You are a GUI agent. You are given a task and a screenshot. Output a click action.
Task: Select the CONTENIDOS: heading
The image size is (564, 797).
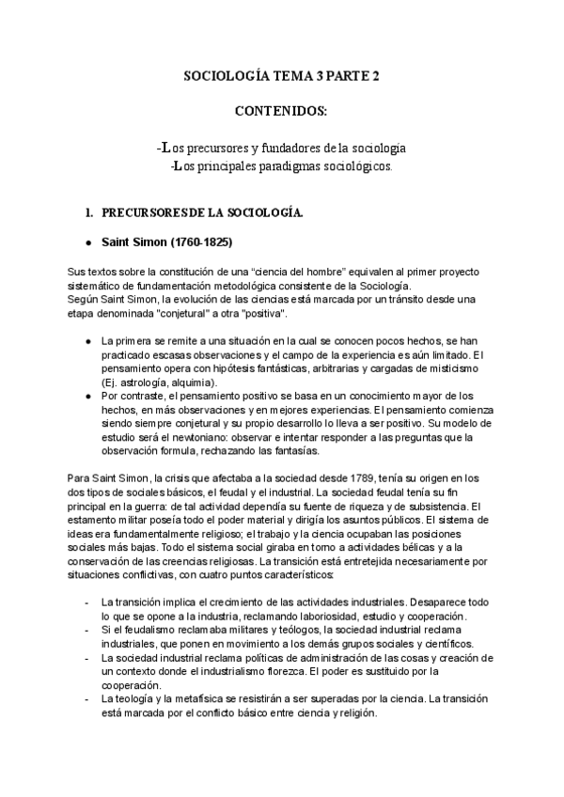click(x=281, y=112)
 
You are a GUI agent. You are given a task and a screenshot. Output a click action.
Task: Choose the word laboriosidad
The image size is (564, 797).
click(x=294, y=616)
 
